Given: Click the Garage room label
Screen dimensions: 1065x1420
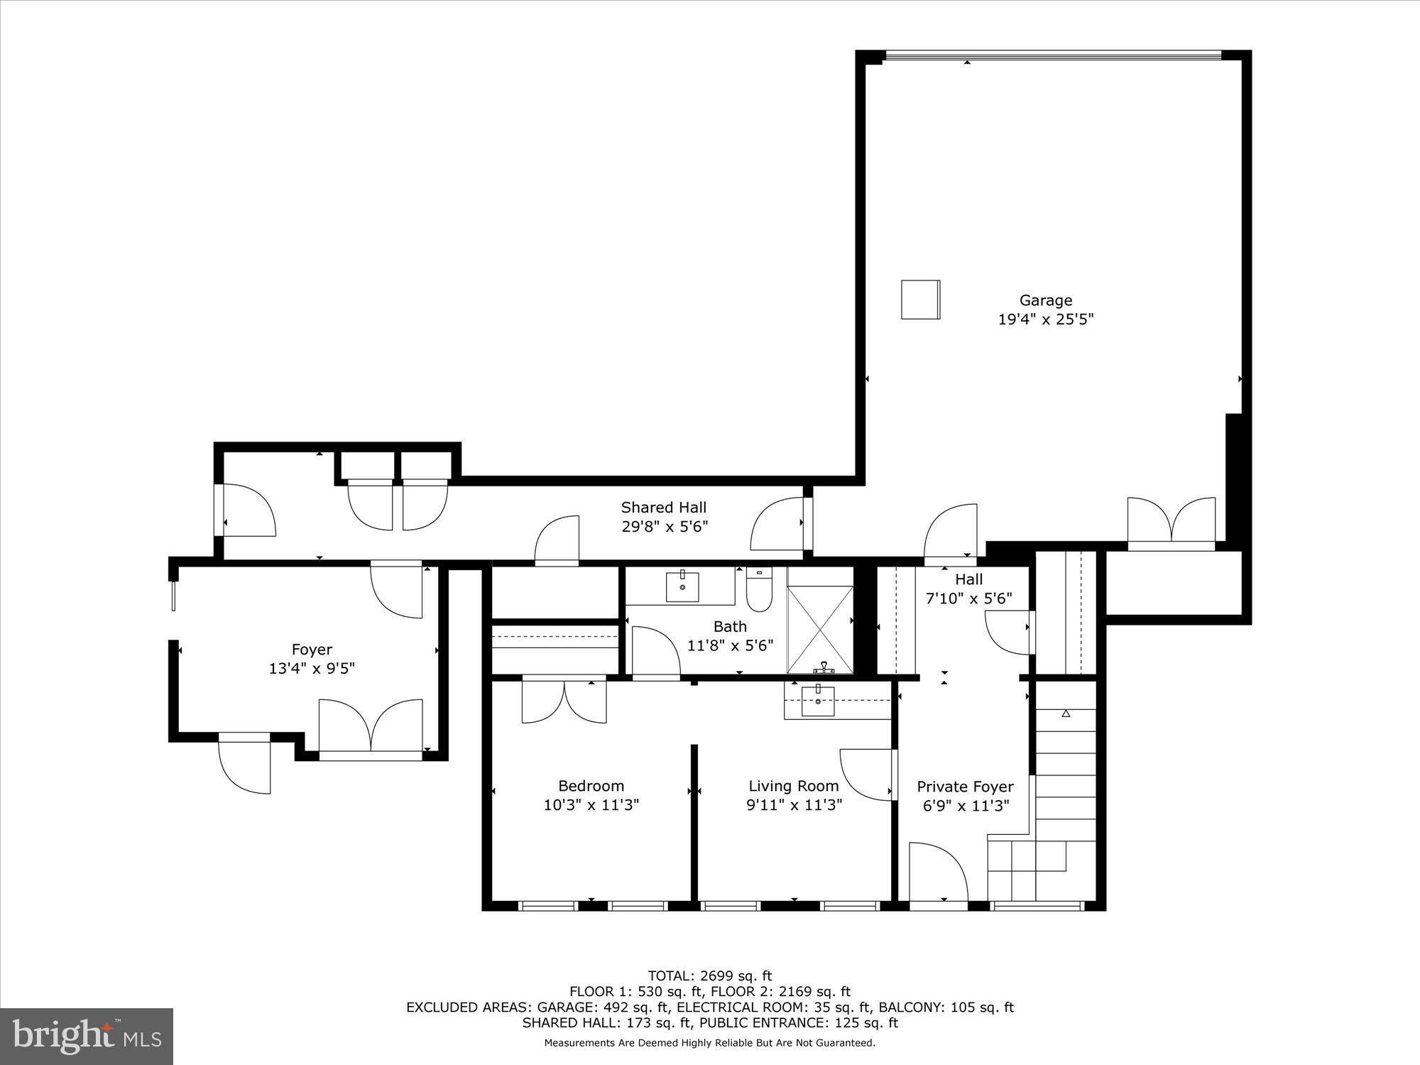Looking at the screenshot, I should point(1045,300).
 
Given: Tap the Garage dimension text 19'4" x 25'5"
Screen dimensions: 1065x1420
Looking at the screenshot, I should point(1045,319).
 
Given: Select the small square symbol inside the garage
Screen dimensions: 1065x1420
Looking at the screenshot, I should point(921,300).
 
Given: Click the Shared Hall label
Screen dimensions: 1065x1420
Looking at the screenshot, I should point(663,507).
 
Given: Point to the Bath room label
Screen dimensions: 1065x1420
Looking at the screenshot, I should point(730,626).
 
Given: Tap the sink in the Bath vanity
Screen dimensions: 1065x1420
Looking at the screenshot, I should point(682,586).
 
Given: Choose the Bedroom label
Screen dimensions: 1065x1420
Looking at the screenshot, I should point(591,786).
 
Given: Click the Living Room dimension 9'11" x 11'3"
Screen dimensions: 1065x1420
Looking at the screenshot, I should point(794,805).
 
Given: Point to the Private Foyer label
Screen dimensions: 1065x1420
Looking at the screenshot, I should point(965,787).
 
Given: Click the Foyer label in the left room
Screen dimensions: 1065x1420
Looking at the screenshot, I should point(312,649).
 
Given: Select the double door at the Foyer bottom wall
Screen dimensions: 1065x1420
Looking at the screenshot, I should point(371,728).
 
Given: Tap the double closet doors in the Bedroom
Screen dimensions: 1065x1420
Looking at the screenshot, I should point(564,701).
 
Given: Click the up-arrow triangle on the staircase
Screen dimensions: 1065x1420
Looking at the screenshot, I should point(1066,714).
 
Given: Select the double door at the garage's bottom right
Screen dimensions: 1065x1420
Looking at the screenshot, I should point(1171,522).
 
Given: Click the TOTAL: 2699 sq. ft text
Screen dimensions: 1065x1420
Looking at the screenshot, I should point(709,976).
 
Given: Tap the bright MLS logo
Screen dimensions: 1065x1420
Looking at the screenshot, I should point(87,1036).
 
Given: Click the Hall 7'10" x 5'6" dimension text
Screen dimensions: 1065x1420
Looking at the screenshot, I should point(968,599).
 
